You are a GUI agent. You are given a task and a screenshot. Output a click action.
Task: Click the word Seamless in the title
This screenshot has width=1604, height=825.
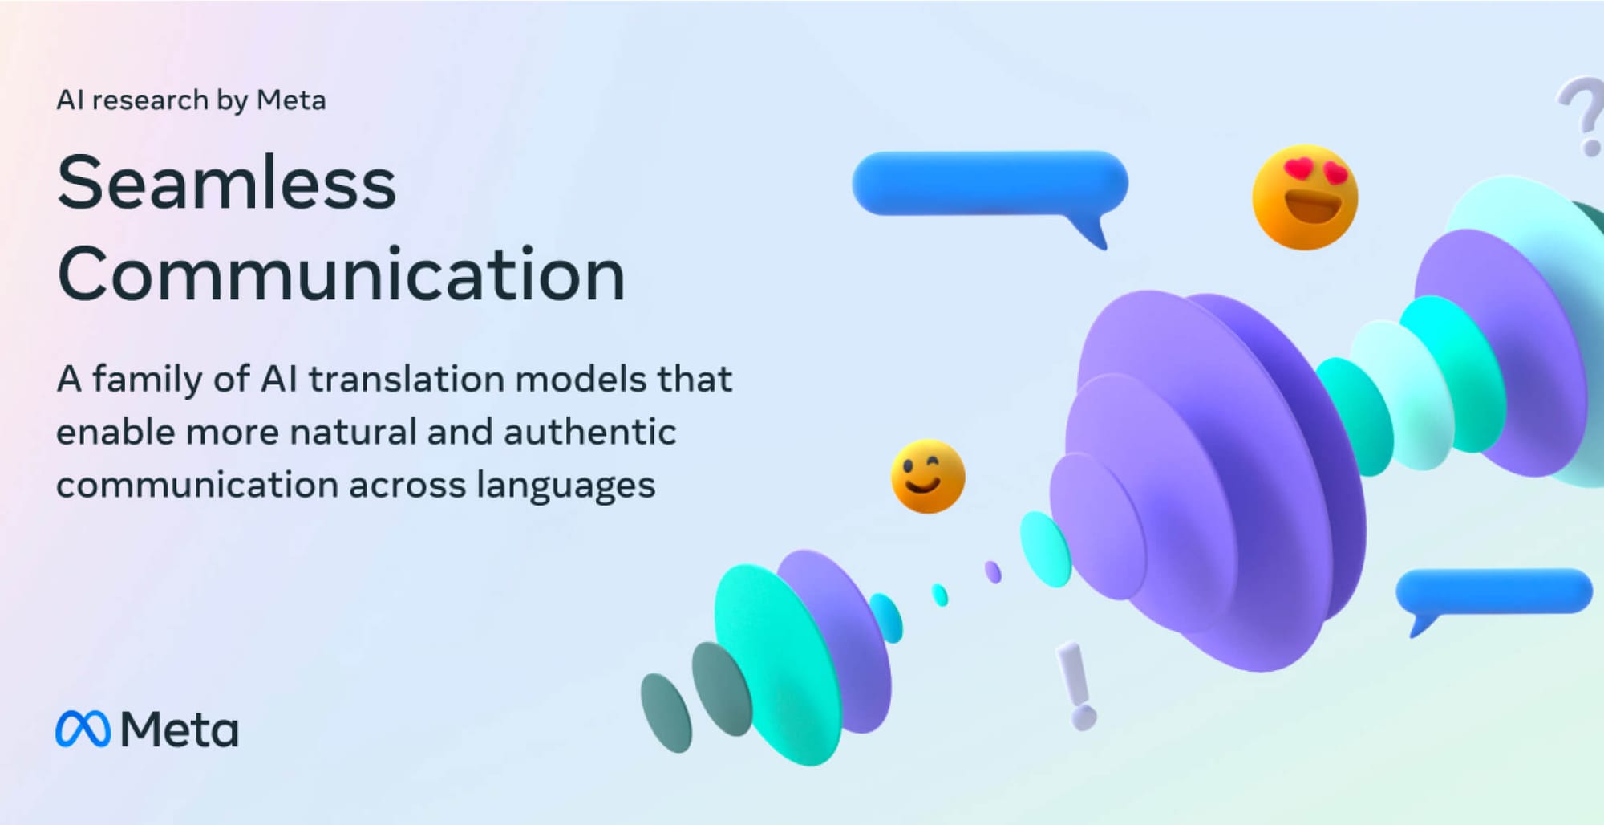click(227, 183)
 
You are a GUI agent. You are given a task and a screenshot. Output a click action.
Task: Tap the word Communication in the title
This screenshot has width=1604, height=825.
click(341, 274)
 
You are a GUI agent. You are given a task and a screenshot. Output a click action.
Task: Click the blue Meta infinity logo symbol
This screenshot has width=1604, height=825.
click(83, 729)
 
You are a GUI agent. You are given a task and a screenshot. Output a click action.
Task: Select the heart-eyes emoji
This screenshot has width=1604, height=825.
click(1305, 197)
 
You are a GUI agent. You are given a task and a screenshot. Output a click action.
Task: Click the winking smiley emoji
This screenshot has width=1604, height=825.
click(928, 477)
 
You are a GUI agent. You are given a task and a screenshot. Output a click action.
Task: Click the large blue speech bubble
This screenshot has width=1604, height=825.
click(990, 184)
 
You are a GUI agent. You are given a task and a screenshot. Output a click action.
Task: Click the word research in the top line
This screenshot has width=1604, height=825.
click(149, 100)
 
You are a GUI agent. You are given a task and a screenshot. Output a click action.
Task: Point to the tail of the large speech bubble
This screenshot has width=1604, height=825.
click(1092, 233)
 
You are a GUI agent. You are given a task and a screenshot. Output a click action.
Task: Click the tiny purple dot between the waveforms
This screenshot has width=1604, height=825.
click(993, 572)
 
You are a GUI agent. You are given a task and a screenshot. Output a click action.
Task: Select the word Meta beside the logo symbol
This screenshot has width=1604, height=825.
click(179, 730)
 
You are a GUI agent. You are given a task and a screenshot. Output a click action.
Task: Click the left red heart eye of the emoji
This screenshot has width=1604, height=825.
click(1298, 169)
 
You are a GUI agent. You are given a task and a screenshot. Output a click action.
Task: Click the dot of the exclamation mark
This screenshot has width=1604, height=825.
click(1084, 717)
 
